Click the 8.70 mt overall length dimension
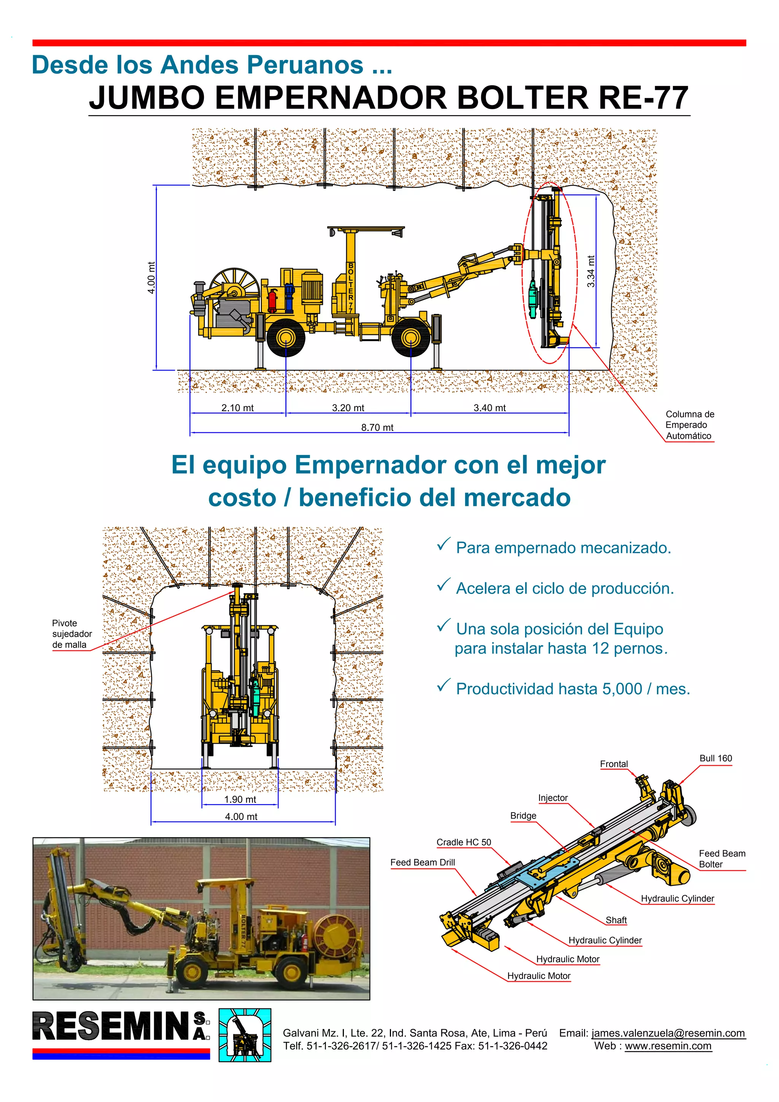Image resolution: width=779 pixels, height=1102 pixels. click(x=377, y=427)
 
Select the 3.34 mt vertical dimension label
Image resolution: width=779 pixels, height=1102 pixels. click(x=591, y=271)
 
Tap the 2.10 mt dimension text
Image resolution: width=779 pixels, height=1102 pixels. click(x=238, y=408)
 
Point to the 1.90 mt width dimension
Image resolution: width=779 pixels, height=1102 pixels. click(x=240, y=799)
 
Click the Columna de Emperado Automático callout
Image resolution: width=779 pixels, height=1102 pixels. click(x=690, y=425)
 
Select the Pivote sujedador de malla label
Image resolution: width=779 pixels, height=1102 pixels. click(x=72, y=634)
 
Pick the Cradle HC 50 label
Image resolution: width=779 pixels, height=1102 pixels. click(x=464, y=842)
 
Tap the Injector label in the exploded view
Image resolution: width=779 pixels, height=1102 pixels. click(x=553, y=797)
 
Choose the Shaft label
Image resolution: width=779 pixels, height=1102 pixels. click(x=616, y=920)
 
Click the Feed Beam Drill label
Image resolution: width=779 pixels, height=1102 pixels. click(x=422, y=862)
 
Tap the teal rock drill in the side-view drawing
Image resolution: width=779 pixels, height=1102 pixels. click(x=533, y=300)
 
